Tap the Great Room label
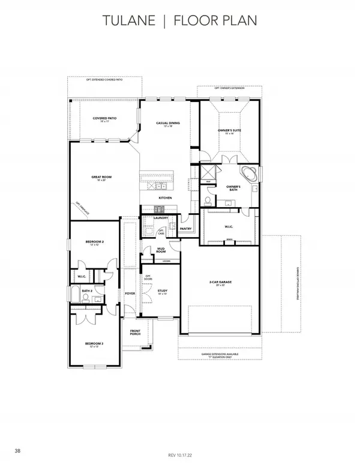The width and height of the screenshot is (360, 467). pos(102,178)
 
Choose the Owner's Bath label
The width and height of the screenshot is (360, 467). pos(233,188)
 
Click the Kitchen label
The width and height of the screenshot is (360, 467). pos(166,197)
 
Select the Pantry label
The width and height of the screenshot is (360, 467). pos(185,228)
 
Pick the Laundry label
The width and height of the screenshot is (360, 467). pos(160,218)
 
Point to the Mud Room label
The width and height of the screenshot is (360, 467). pos(161,249)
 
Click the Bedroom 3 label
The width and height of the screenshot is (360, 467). pos(94,344)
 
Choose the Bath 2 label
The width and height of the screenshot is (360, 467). pos(87,291)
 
